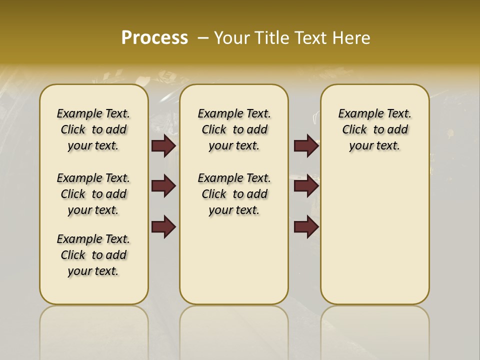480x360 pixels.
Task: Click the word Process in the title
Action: point(154,37)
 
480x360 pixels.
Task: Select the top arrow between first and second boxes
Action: point(163,146)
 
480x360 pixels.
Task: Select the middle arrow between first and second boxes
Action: point(163,186)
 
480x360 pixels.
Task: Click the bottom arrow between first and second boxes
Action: point(163,227)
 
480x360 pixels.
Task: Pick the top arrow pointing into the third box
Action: point(306,146)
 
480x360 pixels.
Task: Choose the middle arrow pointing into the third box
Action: point(306,186)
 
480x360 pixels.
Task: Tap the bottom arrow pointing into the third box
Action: point(306,227)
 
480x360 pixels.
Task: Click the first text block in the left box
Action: point(93,129)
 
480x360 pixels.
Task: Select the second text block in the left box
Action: point(93,194)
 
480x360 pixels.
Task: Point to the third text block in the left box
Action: point(93,255)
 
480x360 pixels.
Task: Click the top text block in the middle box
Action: point(234,129)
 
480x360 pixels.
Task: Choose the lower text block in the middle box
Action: point(234,194)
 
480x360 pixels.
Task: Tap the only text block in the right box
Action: point(374,129)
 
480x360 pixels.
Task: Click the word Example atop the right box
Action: point(356,114)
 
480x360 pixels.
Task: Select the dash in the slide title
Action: point(203,38)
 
